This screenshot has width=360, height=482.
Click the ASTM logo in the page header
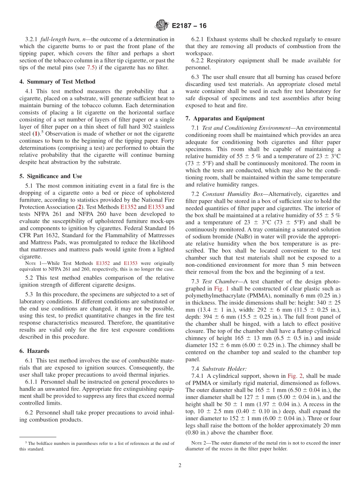click(x=162, y=26)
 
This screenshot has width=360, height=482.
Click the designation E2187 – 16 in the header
click(x=189, y=26)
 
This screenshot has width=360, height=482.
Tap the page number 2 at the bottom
click(x=180, y=465)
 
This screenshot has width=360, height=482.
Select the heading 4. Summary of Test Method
click(x=57, y=81)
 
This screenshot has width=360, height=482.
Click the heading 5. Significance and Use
click(x=51, y=176)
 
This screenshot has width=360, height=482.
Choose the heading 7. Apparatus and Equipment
click(x=225, y=118)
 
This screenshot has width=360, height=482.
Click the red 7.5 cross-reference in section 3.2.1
click(x=92, y=68)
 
